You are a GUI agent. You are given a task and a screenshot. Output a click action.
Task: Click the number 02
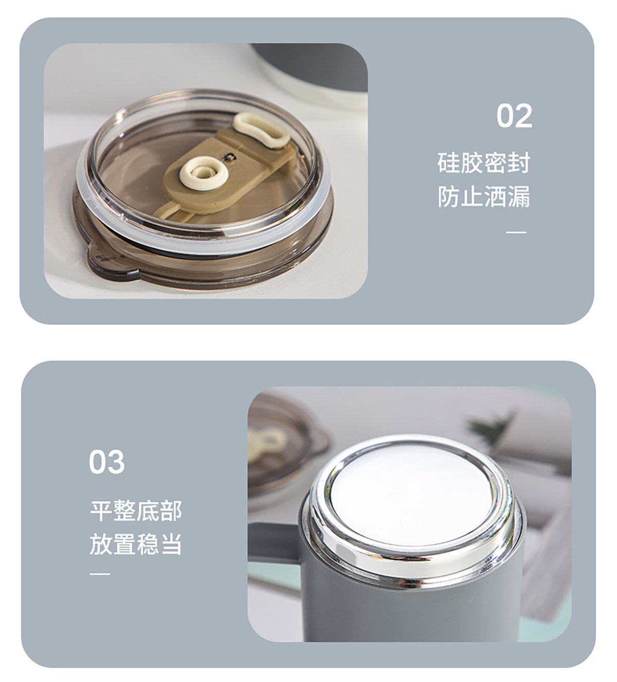tap(514, 116)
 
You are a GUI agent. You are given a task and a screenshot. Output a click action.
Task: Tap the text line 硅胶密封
tap(484, 163)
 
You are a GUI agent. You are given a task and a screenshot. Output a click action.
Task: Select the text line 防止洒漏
tap(484, 197)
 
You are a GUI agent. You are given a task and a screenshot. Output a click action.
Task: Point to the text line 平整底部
tap(136, 511)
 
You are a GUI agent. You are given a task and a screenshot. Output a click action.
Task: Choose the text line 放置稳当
tap(136, 544)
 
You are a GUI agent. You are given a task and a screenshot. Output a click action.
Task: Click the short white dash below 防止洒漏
tap(516, 233)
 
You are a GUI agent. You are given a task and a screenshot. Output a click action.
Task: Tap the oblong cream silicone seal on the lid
tap(262, 131)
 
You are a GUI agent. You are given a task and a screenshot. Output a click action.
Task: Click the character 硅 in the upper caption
tap(449, 163)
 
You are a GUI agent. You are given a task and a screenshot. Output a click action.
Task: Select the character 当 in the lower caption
tap(171, 544)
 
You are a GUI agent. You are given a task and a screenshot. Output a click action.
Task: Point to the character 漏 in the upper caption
tap(519, 197)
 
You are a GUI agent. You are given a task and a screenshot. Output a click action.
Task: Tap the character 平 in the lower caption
tap(101, 511)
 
